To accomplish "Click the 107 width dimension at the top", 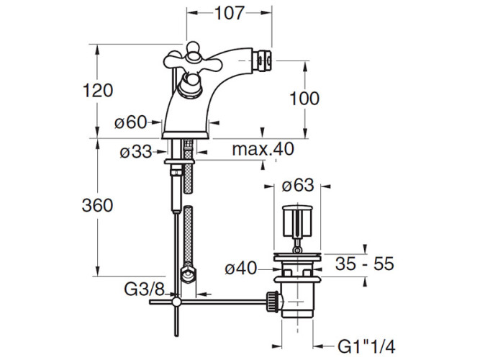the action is (x=230, y=13).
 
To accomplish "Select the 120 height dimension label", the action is (x=98, y=91).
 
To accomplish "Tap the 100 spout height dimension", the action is (x=304, y=99).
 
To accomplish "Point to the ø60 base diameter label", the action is (x=131, y=122).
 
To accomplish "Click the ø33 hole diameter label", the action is (x=136, y=152).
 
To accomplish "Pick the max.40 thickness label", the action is (x=263, y=149).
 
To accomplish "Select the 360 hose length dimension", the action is (x=97, y=205).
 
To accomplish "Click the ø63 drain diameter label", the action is (x=298, y=185).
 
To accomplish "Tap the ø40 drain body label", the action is (x=240, y=269).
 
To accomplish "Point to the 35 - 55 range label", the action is (x=364, y=264).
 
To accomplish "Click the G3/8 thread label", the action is (x=145, y=289).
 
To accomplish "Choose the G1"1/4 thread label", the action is (x=366, y=347).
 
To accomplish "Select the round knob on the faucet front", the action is (x=191, y=86).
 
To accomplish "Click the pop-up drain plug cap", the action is (x=297, y=221).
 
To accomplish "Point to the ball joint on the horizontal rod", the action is (x=176, y=302).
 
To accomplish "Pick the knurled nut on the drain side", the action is (x=273, y=302).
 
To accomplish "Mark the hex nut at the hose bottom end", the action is (x=189, y=274).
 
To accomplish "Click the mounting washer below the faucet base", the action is (x=180, y=161).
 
